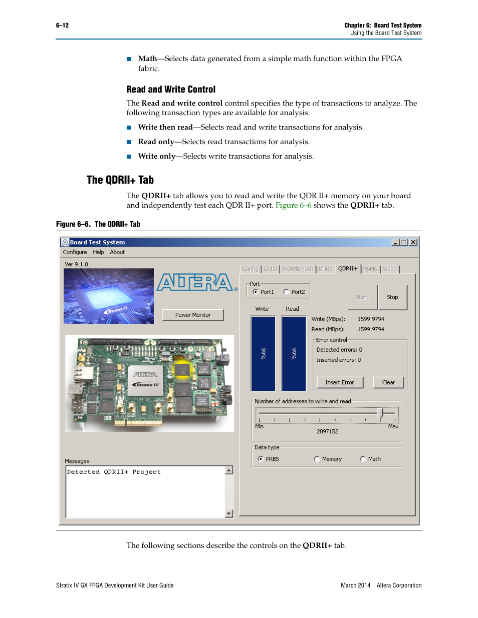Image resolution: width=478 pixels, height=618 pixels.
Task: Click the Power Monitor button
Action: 193,315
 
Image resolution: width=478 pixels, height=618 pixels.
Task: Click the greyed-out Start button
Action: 362,297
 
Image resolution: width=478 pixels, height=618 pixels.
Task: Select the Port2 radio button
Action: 286,292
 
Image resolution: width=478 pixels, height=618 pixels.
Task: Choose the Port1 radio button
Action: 256,292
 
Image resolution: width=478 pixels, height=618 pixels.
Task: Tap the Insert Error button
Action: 339,382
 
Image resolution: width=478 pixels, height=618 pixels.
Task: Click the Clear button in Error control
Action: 388,382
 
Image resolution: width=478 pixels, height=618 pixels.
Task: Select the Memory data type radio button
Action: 317,459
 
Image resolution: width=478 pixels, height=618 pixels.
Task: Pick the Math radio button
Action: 363,459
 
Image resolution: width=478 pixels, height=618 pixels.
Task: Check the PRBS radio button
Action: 261,459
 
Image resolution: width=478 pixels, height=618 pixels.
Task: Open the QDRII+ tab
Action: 348,269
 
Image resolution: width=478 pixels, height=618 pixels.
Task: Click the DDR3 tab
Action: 325,269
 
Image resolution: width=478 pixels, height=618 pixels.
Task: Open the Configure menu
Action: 75,252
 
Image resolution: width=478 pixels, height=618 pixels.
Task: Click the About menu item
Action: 117,252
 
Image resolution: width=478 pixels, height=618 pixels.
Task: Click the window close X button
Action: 413,242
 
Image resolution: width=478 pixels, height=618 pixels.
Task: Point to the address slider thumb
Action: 380,413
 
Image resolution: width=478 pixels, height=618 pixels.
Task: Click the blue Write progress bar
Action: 263,353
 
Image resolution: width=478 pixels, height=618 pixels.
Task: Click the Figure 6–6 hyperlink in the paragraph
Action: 294,205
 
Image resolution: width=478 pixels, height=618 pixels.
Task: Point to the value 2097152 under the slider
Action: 327,431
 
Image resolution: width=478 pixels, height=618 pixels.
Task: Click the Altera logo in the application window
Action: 196,282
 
